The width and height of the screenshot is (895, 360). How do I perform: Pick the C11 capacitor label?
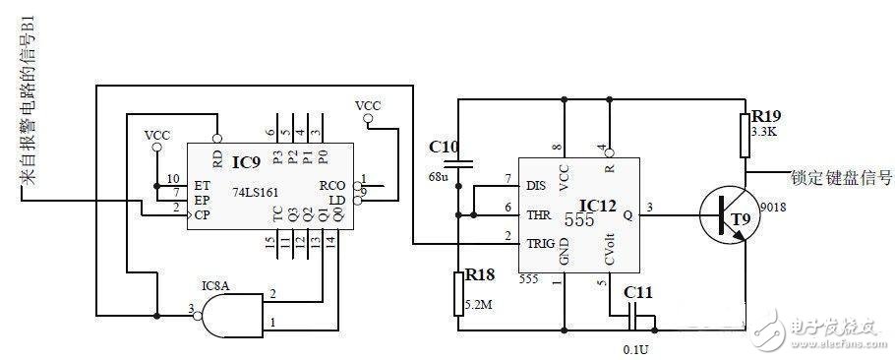(638, 291)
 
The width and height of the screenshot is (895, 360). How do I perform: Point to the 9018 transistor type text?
(774, 208)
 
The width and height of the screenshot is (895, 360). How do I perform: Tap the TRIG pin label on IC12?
(541, 242)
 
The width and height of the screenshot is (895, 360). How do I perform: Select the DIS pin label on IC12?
(537, 183)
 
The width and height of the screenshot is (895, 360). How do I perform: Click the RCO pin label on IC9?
(332, 184)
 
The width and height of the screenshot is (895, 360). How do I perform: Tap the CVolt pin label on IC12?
(611, 244)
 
